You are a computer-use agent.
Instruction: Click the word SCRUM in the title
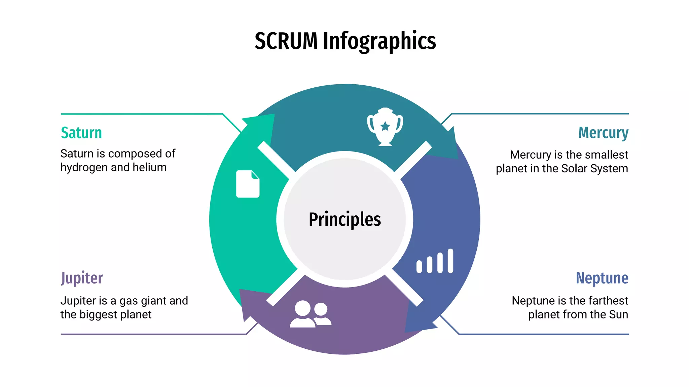pos(286,41)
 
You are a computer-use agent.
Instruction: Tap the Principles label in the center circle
pos(344,219)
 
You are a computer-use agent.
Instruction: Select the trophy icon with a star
pos(385,127)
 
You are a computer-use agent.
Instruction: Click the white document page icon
pos(248,184)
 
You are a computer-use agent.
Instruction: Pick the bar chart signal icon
pos(435,261)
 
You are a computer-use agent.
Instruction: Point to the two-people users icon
pos(310,314)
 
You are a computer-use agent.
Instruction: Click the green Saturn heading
pos(81,133)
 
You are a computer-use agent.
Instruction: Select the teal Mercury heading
pos(603,133)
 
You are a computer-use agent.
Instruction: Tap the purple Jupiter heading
pos(82,278)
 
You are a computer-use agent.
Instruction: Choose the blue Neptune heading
pos(602,278)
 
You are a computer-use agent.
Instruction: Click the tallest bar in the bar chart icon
pos(450,261)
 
